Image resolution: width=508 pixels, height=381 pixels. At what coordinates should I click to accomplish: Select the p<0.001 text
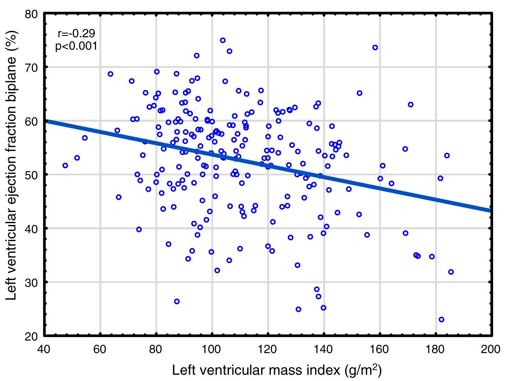(x=76, y=46)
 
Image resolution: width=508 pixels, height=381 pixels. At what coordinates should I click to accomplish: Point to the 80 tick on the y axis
(x=34, y=14)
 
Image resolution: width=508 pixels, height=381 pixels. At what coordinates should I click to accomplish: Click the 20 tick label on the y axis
(x=34, y=336)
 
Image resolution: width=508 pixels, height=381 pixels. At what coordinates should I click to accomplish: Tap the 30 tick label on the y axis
(x=34, y=282)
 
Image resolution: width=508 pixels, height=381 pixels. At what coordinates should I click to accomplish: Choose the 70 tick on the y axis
(x=34, y=67)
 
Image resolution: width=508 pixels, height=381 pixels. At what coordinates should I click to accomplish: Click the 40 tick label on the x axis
(x=44, y=349)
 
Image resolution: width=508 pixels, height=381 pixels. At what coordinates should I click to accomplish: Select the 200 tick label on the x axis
(x=491, y=349)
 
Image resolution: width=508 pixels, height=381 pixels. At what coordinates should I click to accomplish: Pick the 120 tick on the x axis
(x=268, y=349)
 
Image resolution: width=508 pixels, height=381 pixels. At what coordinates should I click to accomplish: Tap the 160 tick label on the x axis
(x=380, y=349)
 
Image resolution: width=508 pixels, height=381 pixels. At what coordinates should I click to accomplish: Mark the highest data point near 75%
(x=223, y=40)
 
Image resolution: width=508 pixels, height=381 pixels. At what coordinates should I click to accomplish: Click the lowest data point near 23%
(x=441, y=319)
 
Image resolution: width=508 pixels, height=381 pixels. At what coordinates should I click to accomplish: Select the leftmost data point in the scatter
(x=65, y=166)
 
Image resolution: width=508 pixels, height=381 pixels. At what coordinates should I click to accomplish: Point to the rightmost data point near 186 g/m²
(x=451, y=272)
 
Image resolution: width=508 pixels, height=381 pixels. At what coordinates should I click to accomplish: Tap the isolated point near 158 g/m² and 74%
(x=375, y=48)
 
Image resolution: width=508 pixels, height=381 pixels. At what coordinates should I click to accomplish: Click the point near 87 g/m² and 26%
(x=177, y=301)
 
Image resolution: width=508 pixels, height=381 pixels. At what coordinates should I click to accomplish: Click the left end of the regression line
(x=46, y=121)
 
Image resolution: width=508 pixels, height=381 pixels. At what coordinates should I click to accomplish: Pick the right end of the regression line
(x=490, y=210)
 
